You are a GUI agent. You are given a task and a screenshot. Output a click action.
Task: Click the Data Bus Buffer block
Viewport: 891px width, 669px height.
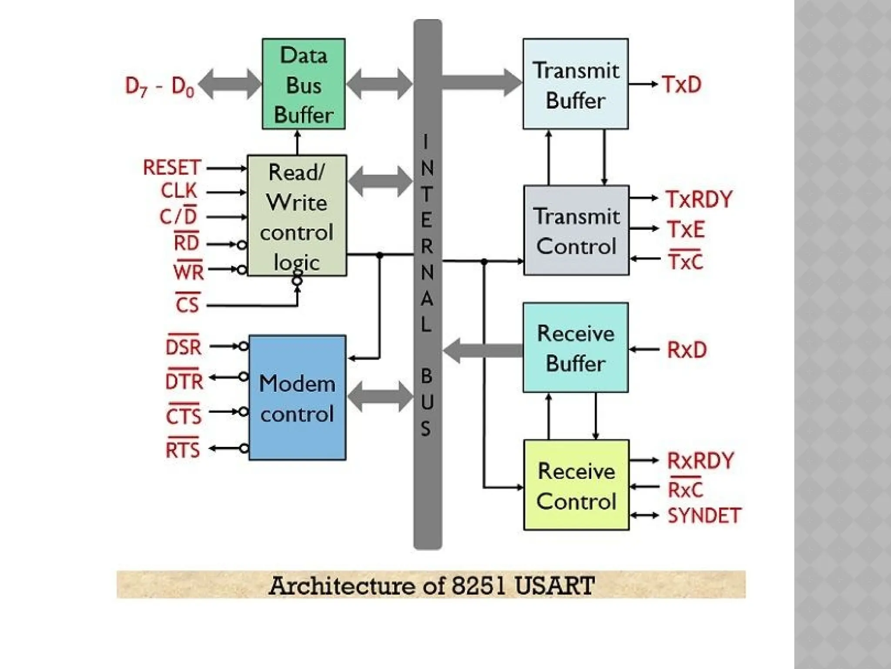303,84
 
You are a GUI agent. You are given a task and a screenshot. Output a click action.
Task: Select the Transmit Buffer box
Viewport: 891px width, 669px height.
575,84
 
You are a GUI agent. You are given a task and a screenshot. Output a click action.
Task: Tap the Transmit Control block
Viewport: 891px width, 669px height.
576,230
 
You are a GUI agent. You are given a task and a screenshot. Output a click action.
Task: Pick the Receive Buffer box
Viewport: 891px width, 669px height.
575,348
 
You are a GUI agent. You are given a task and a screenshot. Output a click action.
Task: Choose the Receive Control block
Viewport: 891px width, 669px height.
576,485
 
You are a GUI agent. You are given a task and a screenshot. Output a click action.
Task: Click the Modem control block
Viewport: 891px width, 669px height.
297,397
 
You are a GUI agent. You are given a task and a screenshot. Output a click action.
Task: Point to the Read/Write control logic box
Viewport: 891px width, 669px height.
297,215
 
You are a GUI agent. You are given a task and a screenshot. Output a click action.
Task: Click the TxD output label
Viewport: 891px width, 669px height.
682,84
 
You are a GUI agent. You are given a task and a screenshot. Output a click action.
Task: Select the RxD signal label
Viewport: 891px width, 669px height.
687,350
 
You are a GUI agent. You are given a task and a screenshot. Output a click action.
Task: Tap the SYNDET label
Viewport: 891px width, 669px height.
704,516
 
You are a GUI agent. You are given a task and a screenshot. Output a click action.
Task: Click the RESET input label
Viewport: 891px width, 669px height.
172,168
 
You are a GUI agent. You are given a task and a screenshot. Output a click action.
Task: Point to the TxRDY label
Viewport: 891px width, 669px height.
699,199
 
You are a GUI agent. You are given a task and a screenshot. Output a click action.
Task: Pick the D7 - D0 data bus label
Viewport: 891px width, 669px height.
159,86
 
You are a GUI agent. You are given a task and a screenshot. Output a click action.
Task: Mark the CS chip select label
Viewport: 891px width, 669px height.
188,304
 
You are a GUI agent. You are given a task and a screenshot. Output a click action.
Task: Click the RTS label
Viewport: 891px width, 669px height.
183,449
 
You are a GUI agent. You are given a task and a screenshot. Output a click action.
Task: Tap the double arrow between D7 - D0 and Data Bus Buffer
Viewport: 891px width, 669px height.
230,84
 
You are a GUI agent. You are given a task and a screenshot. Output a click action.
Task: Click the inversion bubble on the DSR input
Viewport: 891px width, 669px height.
244,347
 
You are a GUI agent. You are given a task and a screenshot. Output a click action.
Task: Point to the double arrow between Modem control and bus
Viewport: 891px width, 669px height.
380,396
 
